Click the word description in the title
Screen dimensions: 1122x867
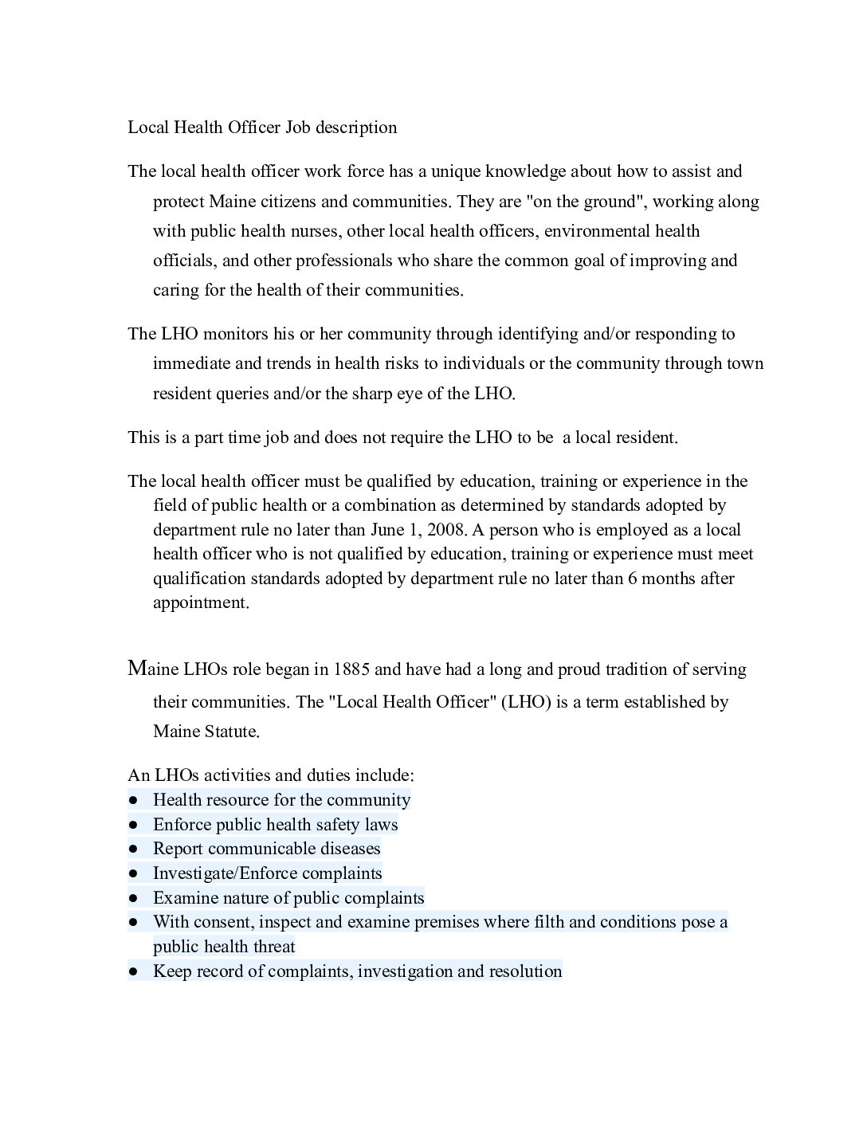coord(355,127)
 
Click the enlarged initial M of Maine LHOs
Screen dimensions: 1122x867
coord(137,668)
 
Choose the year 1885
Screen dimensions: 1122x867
coord(351,669)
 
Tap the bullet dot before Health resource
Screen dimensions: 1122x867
coord(132,799)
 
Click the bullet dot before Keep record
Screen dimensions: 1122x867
coord(132,971)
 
